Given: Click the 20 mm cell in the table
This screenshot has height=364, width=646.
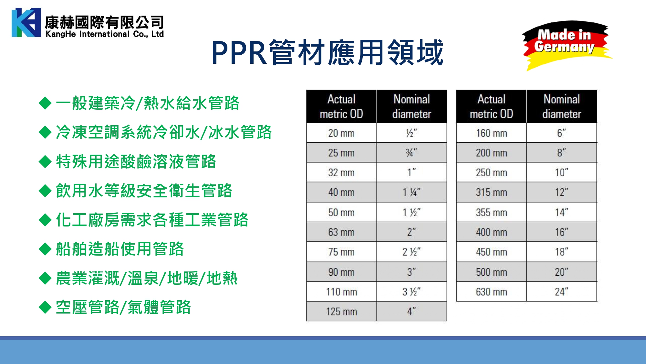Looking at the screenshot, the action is pos(341,133).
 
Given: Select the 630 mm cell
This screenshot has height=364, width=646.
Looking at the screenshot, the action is pos(491,292).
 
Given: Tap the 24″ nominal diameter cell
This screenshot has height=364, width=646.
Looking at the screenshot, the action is pos(562,292).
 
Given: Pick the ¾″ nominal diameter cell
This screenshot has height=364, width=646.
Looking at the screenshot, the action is pos(412,153).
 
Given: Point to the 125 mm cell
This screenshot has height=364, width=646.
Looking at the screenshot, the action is pos(341,312).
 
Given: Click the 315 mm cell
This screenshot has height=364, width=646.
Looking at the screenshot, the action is pos(491,193).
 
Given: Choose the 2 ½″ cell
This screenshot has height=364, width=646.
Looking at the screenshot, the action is pos(412,252).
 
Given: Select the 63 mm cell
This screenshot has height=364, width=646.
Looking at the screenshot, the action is pos(341,232).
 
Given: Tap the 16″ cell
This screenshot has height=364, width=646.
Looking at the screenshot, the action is pos(562,232).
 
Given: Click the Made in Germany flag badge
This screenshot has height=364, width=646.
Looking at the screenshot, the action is pos(567,45).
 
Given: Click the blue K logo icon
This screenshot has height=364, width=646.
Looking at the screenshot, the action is pos(26,22).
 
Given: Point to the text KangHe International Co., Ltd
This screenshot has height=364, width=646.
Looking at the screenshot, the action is pos(105,34).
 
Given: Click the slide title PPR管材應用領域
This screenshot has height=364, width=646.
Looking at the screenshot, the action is pos(328,52).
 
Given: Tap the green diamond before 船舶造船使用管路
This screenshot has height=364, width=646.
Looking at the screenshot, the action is pos(45,249).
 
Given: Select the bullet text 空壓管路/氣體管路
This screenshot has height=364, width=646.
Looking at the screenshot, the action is pos(123,307).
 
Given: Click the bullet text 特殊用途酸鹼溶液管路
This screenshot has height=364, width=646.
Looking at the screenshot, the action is pos(136,161).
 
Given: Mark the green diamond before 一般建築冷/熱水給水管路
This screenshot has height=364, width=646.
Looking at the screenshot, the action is pos(45,104).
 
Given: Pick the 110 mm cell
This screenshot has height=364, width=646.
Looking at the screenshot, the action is pos(341,292).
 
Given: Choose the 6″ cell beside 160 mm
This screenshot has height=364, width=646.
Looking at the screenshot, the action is pos(562,133).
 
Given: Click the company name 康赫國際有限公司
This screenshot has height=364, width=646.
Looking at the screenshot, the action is pos(105,22).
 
